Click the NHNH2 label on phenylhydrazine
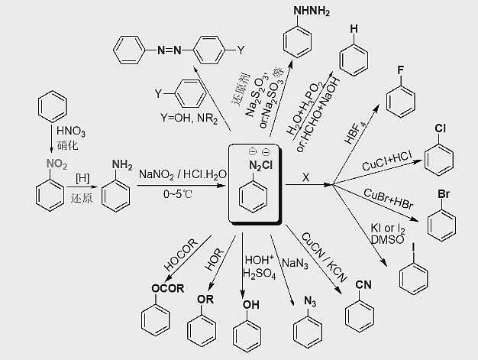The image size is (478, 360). pyautogui.click(x=312, y=11)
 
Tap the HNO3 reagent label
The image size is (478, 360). pyautogui.click(x=71, y=131)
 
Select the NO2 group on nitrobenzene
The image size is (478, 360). pyautogui.click(x=57, y=164)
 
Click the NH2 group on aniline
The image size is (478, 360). pyautogui.click(x=122, y=165)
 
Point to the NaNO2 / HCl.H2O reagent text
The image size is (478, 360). pyautogui.click(x=183, y=174)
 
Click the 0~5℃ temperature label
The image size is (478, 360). pyautogui.click(x=178, y=194)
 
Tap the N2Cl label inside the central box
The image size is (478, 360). pyautogui.click(x=260, y=166)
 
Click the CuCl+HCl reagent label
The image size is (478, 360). pyautogui.click(x=387, y=161)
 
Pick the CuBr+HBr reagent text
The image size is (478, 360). pyautogui.click(x=389, y=199)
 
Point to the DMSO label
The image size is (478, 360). pyautogui.click(x=387, y=239)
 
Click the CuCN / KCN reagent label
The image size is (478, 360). pyautogui.click(x=325, y=258)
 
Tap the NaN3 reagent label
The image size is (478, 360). pyautogui.click(x=295, y=263)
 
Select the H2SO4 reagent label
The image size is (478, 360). pyautogui.click(x=260, y=274)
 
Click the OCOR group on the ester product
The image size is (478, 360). pyautogui.click(x=168, y=288)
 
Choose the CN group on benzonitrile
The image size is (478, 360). pyautogui.click(x=363, y=284)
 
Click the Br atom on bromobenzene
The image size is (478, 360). pyautogui.click(x=444, y=194)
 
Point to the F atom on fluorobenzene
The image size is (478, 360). pyautogui.click(x=401, y=70)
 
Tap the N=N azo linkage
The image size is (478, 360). pyautogui.click(x=170, y=50)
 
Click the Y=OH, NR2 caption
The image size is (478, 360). pyautogui.click(x=189, y=118)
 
